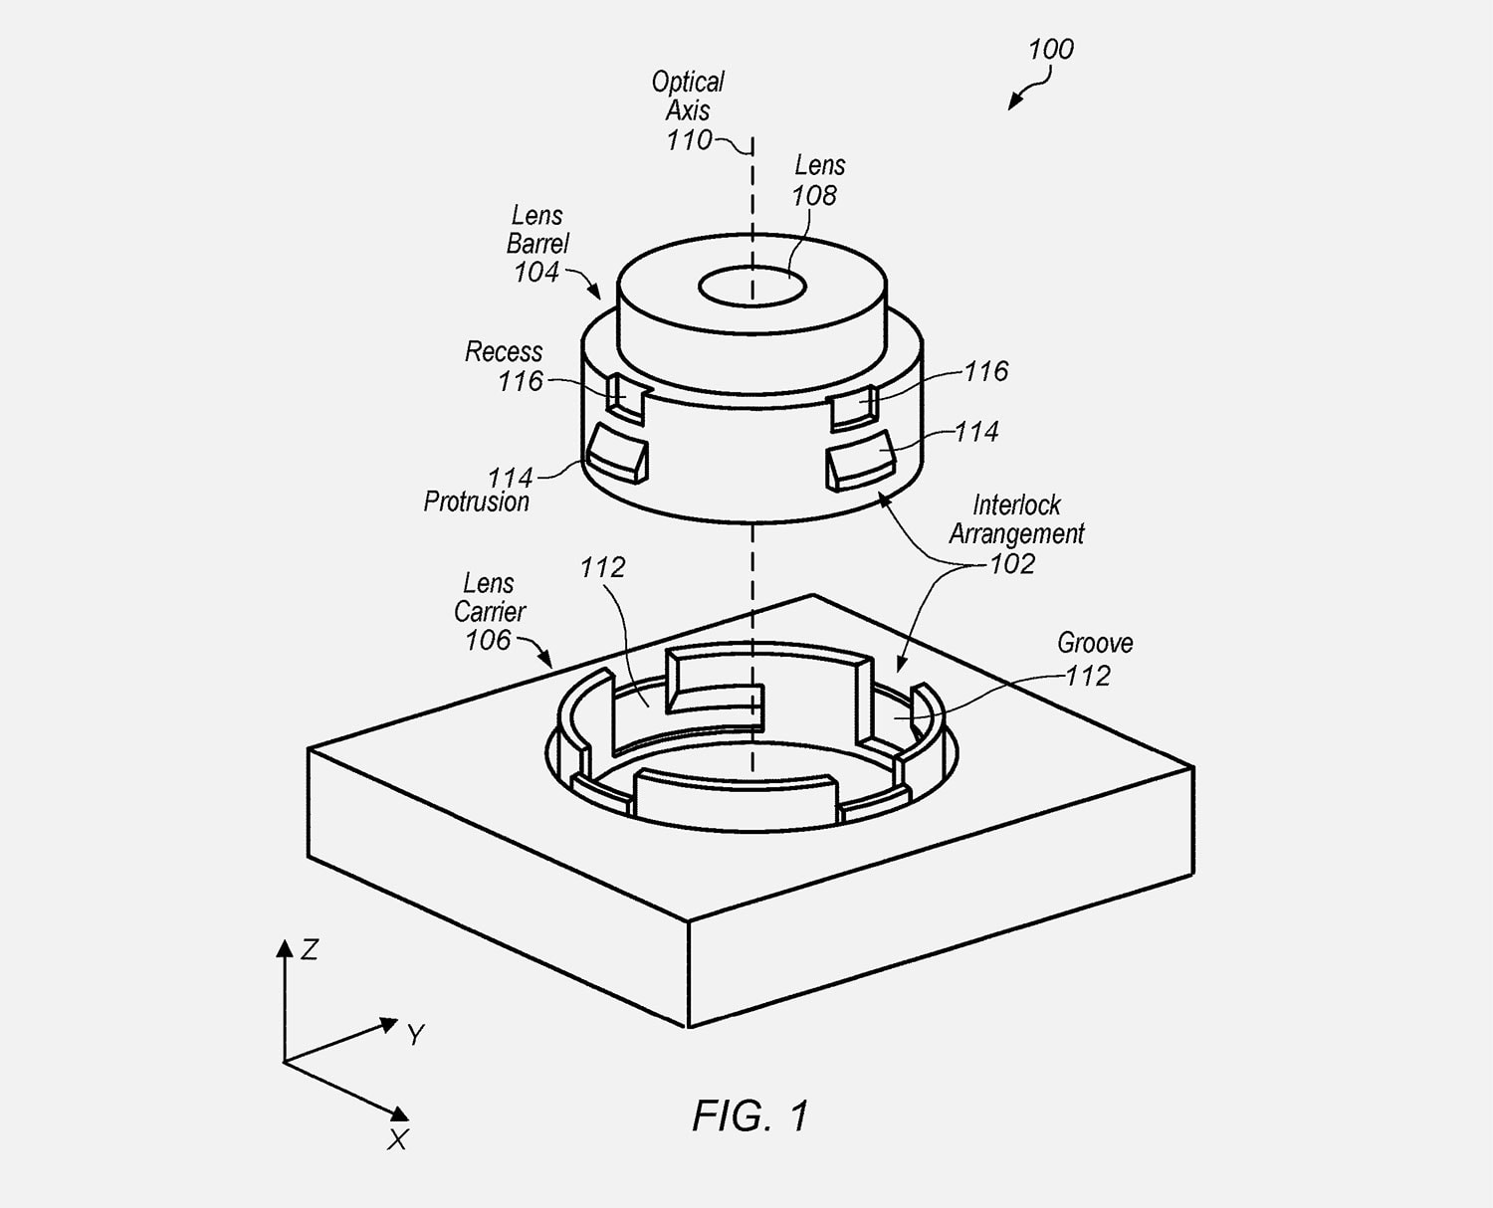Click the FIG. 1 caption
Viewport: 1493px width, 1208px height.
(750, 1116)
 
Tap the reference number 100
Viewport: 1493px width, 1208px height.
(1050, 50)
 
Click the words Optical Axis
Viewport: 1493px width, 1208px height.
(688, 96)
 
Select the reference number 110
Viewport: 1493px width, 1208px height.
(689, 140)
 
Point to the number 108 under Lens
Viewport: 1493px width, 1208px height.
(814, 196)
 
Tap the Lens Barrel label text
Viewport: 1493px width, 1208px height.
(537, 230)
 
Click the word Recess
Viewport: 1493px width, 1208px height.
(504, 352)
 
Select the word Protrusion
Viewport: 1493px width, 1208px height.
(477, 502)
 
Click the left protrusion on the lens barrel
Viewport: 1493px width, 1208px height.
(618, 453)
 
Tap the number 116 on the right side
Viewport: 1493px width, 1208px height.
(985, 371)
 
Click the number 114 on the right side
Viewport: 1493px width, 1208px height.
(976, 432)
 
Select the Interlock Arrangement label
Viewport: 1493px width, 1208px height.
(1016, 519)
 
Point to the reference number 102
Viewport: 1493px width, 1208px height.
(1012, 564)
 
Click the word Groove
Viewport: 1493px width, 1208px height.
(1095, 644)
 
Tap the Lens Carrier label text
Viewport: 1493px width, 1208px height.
(490, 597)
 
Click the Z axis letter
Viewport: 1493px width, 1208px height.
(310, 950)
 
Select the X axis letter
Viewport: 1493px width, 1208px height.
(397, 1140)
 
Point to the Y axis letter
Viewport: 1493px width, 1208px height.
(416, 1036)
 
